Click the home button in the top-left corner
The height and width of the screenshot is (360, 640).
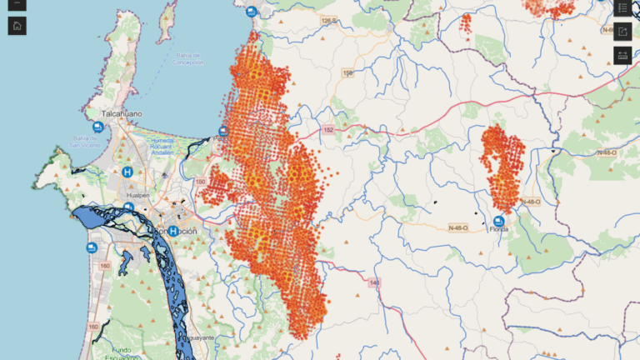(17, 25)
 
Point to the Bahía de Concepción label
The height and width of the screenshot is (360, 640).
(188, 58)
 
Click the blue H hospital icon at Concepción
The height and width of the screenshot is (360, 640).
(172, 231)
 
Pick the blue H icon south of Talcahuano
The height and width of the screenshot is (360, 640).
(127, 172)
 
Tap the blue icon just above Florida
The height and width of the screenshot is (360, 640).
(498, 218)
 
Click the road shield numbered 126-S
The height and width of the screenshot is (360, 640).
(329, 19)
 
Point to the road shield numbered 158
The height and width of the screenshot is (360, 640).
(348, 73)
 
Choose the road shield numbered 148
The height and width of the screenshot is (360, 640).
(374, 282)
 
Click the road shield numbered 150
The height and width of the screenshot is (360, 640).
(200, 181)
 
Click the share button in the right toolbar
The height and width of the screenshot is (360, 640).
(623, 32)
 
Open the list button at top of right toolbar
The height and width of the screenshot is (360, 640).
(623, 7)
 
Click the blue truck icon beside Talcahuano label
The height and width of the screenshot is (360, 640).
(98, 127)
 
